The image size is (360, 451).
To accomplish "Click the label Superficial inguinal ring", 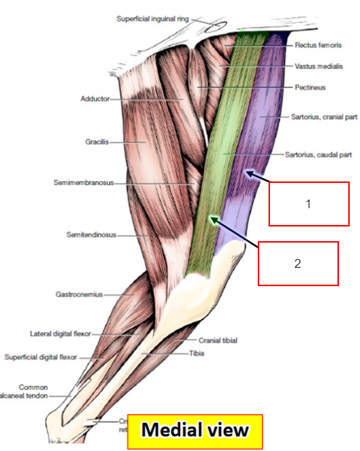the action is tap(153, 19).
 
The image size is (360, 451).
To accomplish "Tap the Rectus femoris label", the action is tap(318, 45).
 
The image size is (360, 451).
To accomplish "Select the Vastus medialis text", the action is tap(318, 66).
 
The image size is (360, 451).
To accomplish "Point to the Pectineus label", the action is tap(310, 88).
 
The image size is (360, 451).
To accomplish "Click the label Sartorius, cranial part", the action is tap(324, 117).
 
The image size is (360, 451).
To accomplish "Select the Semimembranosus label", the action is tap(83, 183).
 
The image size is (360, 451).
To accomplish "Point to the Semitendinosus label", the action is tap(91, 235).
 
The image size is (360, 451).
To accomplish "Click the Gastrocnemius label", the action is tap(79, 294).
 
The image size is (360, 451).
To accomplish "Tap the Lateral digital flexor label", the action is tap(61, 334).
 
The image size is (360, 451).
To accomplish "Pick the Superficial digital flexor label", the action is tap(41, 357).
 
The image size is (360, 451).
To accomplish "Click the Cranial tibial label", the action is tap(218, 340).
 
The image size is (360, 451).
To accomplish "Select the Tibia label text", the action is tap(197, 353).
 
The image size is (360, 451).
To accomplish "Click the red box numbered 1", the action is tap(309, 204).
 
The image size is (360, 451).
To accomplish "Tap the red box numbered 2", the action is tap(298, 263).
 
